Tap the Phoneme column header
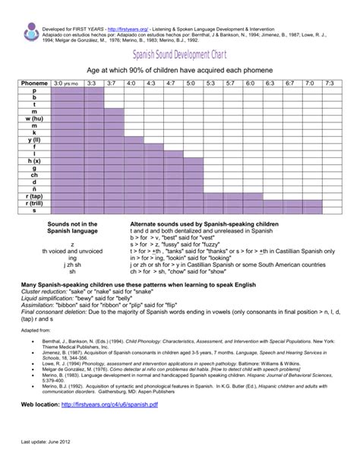coord(33,83)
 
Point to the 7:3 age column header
coord(329,83)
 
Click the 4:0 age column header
coord(131,83)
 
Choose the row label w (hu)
coord(33,119)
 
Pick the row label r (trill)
coord(33,203)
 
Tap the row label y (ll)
coord(33,140)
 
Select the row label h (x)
coord(33,161)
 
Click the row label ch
coord(33,175)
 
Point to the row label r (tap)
coord(33,196)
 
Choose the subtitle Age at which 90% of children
coord(179,69)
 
